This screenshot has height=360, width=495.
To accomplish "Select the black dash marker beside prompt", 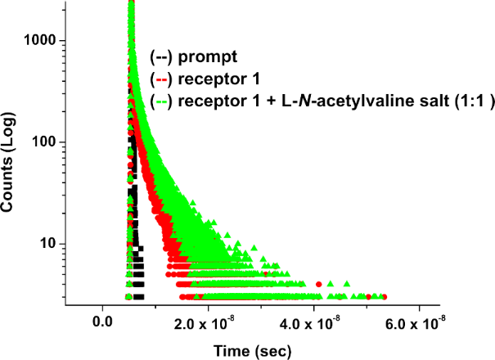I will pos(160,57).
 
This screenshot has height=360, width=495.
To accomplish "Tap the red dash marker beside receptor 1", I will pos(160,79).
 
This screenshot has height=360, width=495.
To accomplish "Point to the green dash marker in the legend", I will pos(160,101).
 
